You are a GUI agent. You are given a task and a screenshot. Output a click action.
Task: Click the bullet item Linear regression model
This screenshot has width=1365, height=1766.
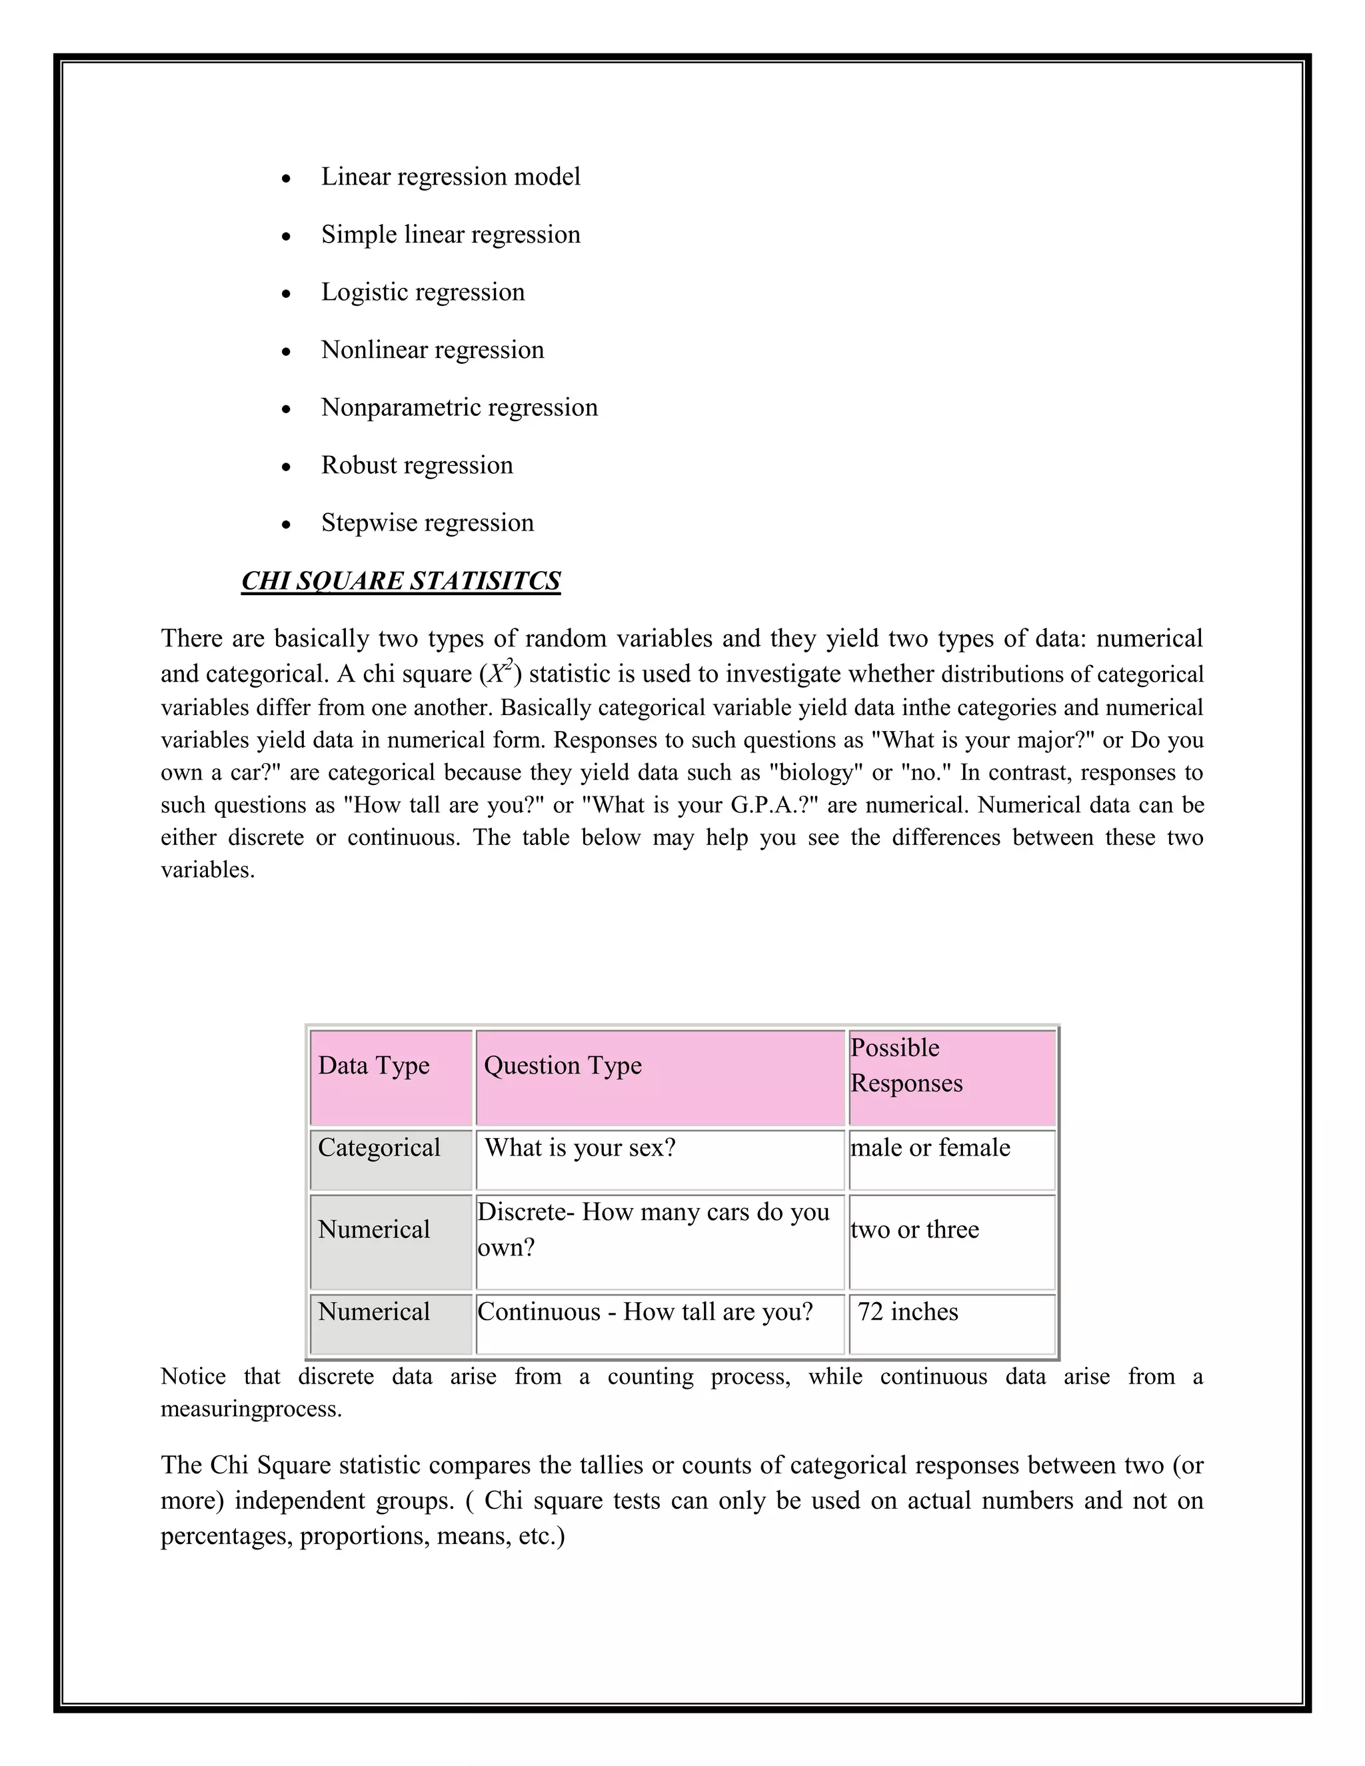(451, 177)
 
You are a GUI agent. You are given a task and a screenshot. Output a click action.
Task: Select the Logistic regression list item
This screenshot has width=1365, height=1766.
(423, 292)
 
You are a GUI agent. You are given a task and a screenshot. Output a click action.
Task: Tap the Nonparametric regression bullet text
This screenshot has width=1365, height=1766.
(459, 408)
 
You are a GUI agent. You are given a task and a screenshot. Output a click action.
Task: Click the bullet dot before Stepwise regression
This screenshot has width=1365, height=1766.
(286, 524)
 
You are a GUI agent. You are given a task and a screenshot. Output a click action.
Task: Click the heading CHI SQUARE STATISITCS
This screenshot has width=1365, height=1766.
(401, 581)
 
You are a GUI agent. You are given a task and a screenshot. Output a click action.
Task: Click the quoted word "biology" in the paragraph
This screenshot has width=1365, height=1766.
(811, 772)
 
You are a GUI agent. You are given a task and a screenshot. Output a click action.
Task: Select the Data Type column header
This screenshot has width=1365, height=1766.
(374, 1066)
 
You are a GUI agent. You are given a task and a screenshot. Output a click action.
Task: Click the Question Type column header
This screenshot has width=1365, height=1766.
(563, 1066)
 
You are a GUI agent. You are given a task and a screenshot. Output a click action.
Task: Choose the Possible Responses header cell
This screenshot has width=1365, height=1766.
(906, 1066)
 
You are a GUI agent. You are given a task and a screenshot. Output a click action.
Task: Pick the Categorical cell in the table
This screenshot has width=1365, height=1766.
(379, 1148)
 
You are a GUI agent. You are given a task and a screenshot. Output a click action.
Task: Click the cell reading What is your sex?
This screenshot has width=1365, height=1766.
(580, 1148)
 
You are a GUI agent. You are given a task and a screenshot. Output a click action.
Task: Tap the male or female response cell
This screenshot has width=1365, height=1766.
(930, 1148)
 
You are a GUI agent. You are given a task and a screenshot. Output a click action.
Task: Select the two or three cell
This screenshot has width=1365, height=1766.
(914, 1230)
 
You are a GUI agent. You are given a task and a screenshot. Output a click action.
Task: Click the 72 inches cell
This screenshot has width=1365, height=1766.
(908, 1312)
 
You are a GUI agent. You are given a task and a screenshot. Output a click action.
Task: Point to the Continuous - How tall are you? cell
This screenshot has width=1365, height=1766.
(645, 1312)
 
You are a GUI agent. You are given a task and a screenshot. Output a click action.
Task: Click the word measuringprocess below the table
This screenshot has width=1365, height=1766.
(251, 1409)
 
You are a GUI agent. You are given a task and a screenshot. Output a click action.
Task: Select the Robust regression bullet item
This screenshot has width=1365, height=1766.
(417, 466)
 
